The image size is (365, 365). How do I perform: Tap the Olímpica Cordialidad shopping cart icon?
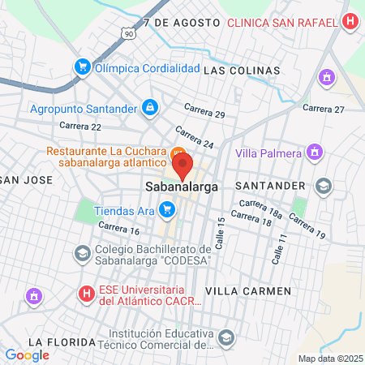click(82, 67)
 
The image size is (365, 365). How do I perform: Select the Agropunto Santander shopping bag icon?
click(149, 107)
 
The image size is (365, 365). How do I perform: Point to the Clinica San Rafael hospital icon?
click(350, 22)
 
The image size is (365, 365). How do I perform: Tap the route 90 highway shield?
click(129, 33)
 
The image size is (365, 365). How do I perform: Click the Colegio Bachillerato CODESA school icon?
click(82, 254)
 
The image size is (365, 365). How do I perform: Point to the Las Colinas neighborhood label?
click(242, 71)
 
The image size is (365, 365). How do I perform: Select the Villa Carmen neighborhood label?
click(248, 290)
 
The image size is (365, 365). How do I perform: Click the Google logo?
click(27, 354)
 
